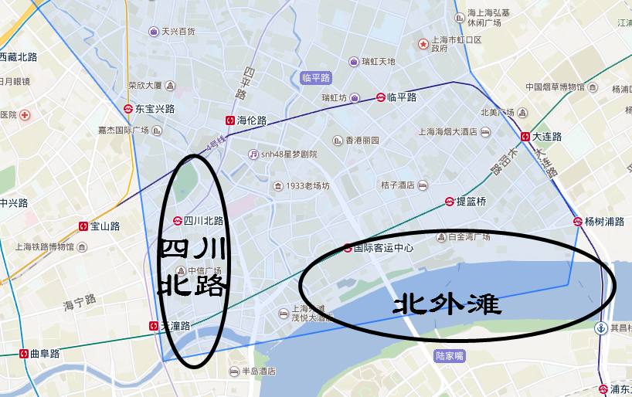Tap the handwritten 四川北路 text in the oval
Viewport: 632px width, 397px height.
(192, 267)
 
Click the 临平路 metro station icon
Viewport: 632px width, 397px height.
(381, 97)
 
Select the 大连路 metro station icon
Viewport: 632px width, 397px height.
(525, 136)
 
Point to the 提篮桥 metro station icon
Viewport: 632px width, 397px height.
(449, 202)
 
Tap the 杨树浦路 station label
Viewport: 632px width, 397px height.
(605, 222)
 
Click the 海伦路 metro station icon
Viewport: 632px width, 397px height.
(230, 120)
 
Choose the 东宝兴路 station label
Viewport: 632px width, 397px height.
(155, 109)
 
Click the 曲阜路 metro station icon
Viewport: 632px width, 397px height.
(23, 354)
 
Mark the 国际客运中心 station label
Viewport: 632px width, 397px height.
(384, 248)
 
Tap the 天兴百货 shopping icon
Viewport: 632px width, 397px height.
(155, 32)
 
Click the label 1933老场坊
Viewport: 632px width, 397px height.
(308, 186)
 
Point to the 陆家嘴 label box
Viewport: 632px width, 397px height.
(449, 356)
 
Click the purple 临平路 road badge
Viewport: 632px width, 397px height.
(315, 77)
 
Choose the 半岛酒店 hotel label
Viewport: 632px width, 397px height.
(259, 372)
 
